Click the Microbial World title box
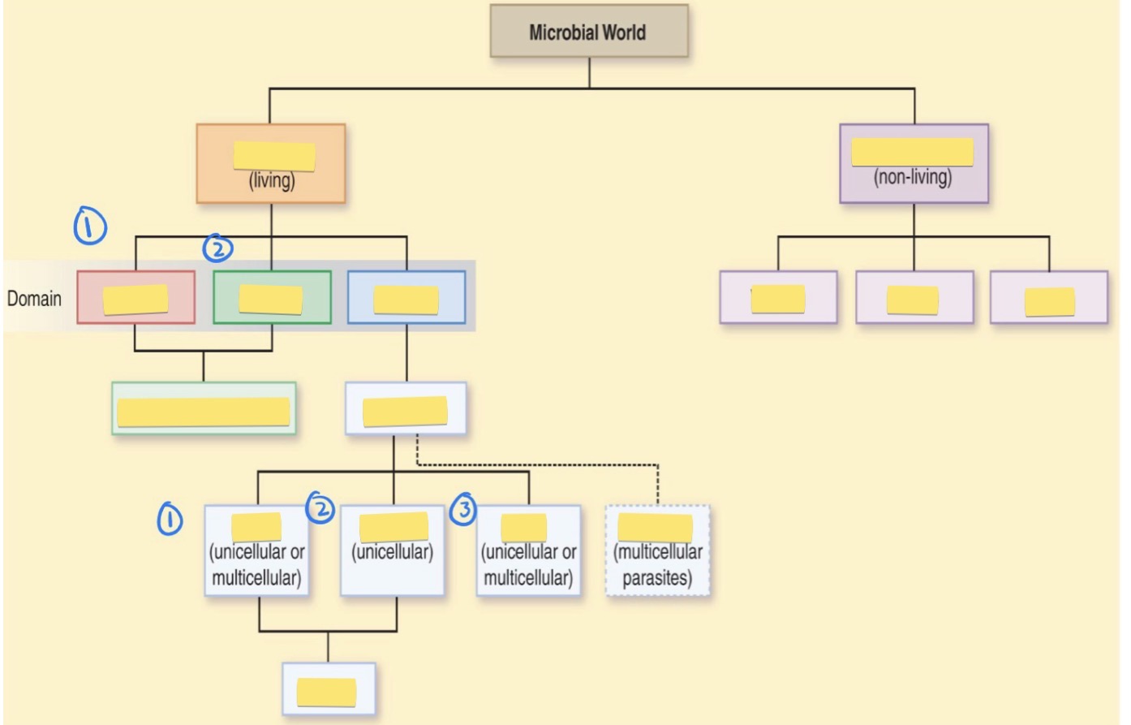click(x=588, y=32)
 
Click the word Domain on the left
click(x=34, y=299)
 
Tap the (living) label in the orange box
click(x=272, y=180)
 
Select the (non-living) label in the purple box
click(x=913, y=177)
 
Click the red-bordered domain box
click(x=135, y=297)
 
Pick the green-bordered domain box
click(x=272, y=297)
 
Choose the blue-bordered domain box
click(x=406, y=297)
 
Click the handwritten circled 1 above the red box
click(x=90, y=226)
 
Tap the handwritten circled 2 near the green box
click(x=217, y=248)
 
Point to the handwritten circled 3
click(x=463, y=509)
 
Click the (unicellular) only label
click(x=392, y=552)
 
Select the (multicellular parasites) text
click(x=658, y=565)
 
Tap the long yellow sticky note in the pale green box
click(x=204, y=412)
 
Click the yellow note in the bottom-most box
click(x=327, y=692)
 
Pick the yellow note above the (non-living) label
click(x=912, y=152)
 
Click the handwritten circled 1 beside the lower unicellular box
click(x=170, y=519)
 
